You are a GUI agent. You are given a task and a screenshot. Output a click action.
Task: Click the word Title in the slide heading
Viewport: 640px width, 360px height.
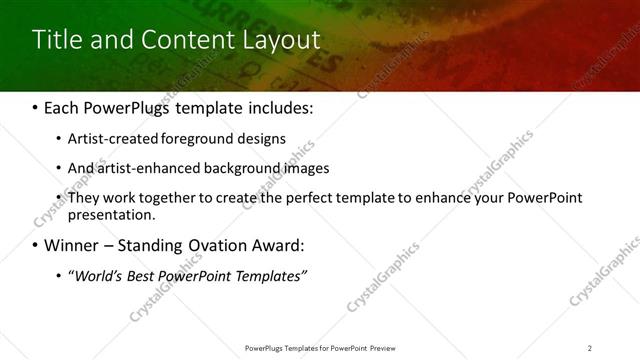57,40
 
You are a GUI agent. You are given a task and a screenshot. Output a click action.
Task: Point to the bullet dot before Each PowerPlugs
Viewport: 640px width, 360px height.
36,107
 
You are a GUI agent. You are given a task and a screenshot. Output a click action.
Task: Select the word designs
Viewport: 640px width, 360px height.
260,139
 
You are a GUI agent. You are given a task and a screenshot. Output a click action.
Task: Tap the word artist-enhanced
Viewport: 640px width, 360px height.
145,168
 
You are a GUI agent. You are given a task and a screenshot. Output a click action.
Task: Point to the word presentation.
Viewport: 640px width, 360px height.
111,214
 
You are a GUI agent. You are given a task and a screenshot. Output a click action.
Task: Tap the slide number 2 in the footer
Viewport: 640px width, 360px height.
590,347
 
